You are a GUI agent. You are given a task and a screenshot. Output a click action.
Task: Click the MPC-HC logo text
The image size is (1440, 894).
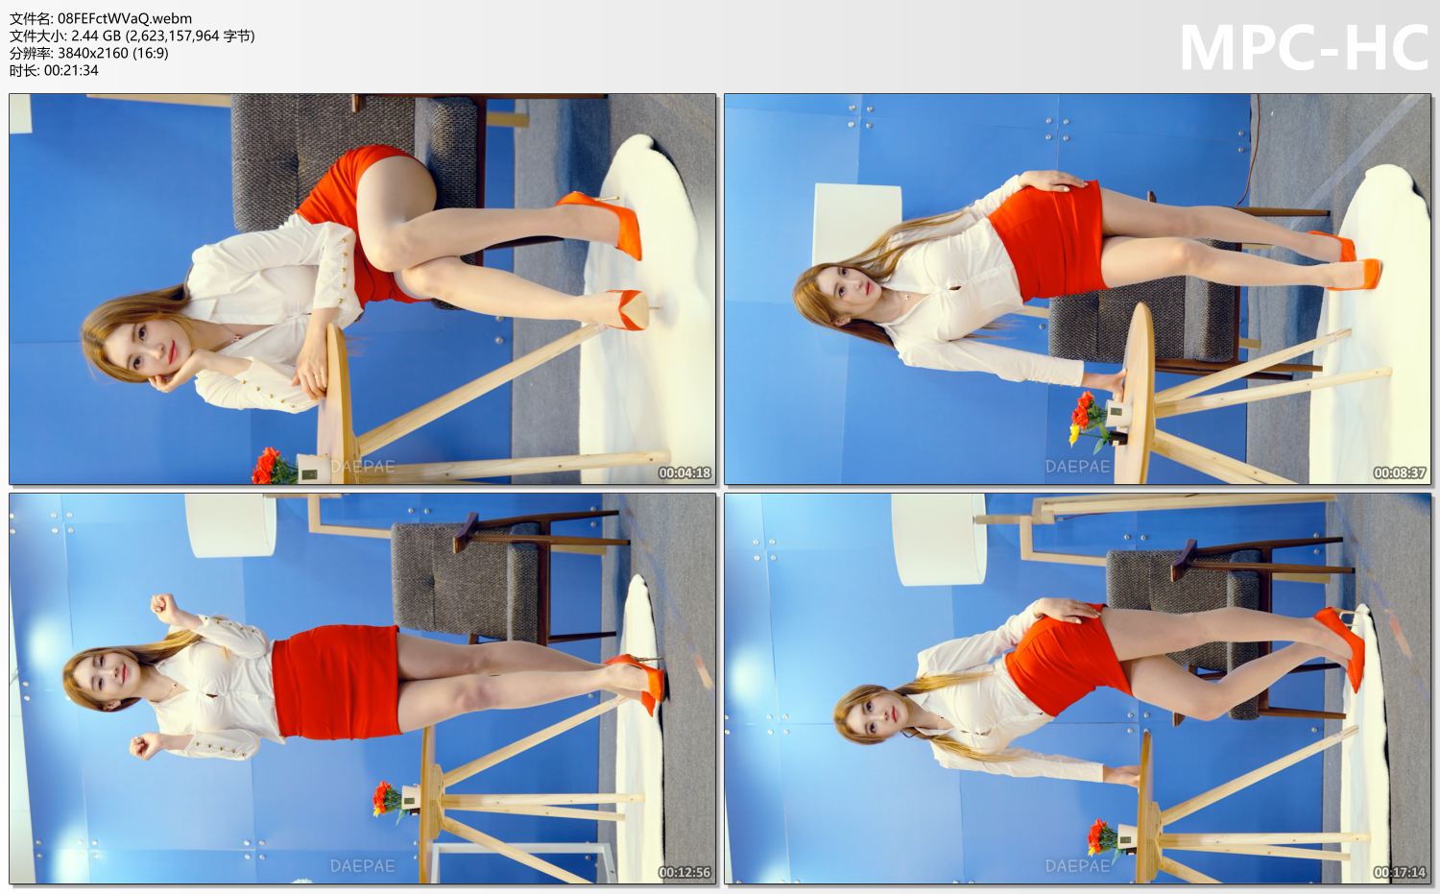coord(1303,47)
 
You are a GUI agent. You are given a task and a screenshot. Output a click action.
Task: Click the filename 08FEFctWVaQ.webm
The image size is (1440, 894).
coord(125,18)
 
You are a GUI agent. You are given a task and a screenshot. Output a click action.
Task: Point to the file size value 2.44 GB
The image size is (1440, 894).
coord(89,36)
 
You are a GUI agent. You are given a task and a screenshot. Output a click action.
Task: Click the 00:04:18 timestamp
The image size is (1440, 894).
coord(684,472)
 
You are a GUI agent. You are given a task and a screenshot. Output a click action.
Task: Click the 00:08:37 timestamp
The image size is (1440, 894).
coord(1399,472)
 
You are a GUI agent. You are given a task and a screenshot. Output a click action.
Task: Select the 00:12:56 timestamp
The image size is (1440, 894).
coord(684,872)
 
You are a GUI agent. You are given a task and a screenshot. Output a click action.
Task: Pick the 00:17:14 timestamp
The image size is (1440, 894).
coord(1399,872)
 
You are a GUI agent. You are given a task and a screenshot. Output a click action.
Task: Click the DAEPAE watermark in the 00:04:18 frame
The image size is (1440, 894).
coord(362,468)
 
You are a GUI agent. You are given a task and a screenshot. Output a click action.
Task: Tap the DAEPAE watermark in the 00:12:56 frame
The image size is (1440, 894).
coord(362,866)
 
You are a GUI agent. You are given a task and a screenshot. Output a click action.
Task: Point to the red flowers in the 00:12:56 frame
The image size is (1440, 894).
coord(387,798)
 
